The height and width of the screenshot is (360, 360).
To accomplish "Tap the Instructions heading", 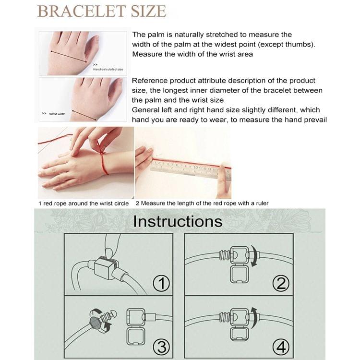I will coord(178,221).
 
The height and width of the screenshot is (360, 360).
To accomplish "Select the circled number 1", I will coord(161,283).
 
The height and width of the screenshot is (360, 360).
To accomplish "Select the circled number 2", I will coord(281,283).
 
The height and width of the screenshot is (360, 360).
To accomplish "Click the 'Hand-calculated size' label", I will coord(108,69).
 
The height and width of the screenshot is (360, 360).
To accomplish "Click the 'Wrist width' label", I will coord(57,114).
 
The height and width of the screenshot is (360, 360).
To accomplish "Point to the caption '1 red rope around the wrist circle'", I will coord(84,204).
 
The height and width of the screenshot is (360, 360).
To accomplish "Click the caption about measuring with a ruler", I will coord(202,204).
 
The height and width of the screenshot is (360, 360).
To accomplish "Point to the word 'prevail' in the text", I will coord(313,120).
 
